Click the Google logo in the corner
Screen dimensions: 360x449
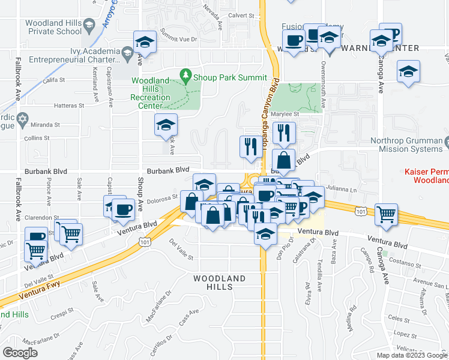pos(20,353)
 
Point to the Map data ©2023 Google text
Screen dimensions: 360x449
pos(412,355)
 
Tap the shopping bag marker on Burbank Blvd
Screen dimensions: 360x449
pos(284,161)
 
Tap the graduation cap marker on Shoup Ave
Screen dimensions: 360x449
pos(145,42)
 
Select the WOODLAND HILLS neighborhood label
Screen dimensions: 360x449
pos(219,283)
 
